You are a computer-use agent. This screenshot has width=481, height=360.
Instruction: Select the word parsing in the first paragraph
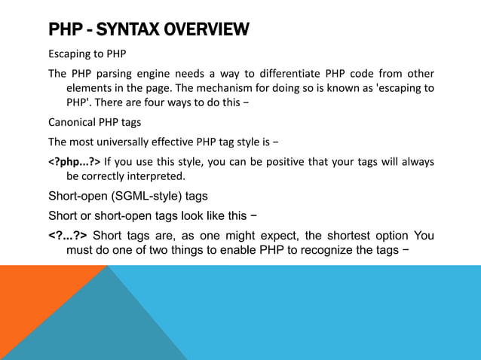113,74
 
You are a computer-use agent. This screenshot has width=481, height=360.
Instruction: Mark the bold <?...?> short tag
67,237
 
